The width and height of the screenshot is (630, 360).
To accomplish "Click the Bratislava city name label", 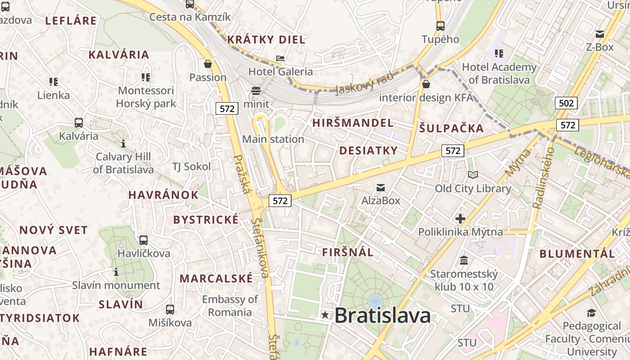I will [382, 315].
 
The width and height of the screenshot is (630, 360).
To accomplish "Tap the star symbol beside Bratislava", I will [325, 315].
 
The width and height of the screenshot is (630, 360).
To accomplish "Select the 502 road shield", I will [566, 103].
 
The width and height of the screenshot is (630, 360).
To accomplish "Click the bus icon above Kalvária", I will [79, 123].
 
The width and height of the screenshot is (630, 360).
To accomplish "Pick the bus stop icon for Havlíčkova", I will [144, 240].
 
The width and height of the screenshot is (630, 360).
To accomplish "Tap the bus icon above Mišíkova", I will [170, 310].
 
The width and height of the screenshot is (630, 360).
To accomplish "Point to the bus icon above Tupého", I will [440, 26].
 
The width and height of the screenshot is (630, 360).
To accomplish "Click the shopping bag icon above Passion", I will [208, 64].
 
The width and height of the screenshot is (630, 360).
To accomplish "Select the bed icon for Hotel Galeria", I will [280, 58].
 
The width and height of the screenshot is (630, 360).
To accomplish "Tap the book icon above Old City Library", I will [472, 175].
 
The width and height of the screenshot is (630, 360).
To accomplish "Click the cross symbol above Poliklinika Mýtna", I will [460, 219].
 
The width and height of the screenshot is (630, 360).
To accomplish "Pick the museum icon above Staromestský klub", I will [464, 260].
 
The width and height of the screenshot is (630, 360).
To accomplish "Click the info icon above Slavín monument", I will [116, 272].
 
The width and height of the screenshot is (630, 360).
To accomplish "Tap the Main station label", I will [273, 139].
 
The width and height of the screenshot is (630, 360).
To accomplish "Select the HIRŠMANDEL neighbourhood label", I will [353, 123].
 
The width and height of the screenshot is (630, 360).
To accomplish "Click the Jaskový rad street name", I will [364, 83].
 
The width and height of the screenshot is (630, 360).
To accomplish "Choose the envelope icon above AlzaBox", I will [381, 187].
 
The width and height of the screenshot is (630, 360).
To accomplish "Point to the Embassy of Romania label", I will [230, 306].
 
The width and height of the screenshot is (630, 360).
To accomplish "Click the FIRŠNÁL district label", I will [347, 252].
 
